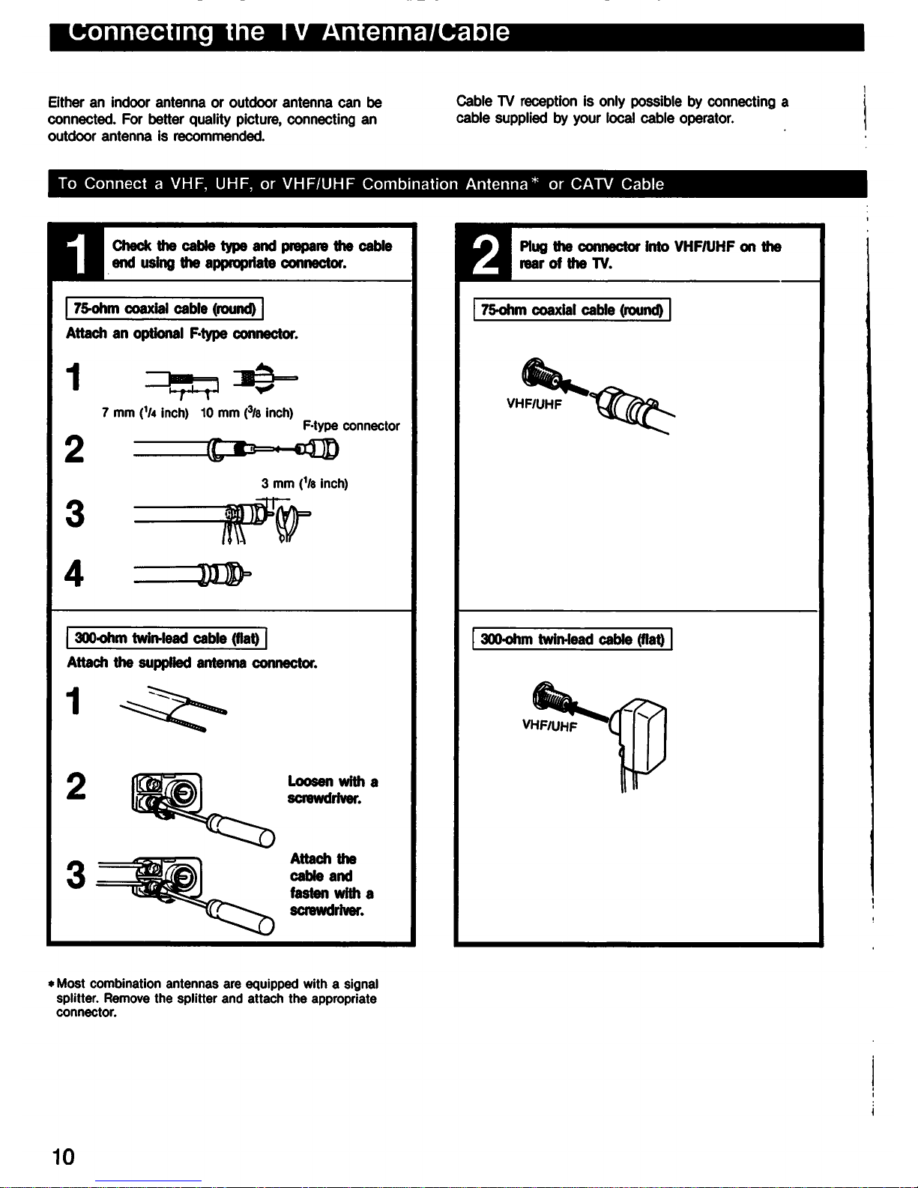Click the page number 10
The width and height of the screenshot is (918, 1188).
coord(64,1157)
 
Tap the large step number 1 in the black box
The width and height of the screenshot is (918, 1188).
coord(76,253)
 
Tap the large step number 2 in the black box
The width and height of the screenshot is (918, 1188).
coord(485,254)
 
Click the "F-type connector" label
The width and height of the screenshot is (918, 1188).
coord(351,426)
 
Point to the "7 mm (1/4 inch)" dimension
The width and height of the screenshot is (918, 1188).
coord(145,413)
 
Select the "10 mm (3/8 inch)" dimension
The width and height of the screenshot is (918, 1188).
coord(247,413)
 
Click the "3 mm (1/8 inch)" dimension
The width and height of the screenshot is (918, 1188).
coord(304,483)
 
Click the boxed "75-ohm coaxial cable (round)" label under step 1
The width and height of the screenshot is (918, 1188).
coord(164,308)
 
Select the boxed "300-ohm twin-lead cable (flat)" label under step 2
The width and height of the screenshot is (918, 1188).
coord(572,639)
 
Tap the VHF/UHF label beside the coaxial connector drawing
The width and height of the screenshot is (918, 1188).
coord(534,404)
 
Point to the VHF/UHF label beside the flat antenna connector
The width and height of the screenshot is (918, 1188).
coord(550,726)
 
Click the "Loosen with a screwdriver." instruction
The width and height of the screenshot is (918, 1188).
coord(333,790)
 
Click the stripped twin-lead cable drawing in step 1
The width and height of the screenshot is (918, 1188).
coord(173,709)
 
